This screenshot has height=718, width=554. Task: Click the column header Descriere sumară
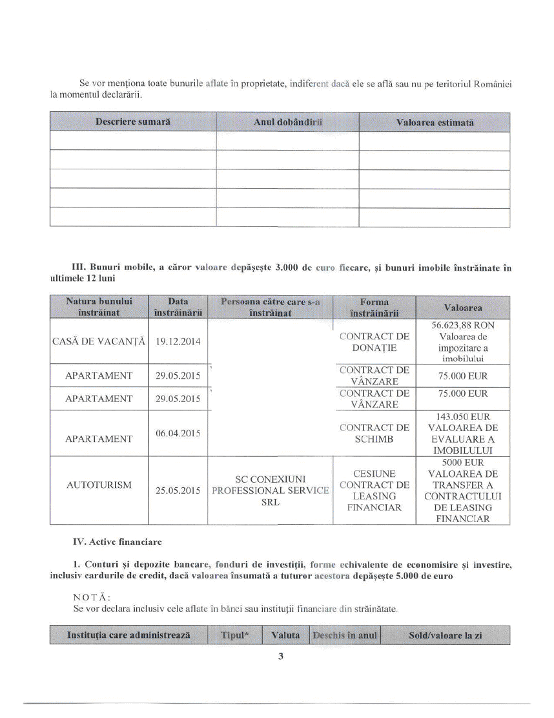(133, 122)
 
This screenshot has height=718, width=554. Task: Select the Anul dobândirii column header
(287, 122)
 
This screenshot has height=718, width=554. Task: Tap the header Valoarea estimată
(435, 122)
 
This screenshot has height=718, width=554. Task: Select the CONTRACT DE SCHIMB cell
(374, 432)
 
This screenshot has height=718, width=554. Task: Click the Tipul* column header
(235, 635)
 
